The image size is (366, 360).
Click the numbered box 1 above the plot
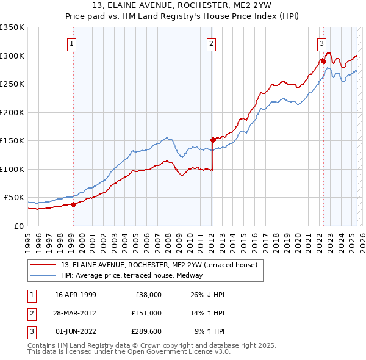[72, 43]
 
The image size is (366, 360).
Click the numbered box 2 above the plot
[210, 43]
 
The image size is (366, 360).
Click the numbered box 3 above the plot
[321, 43]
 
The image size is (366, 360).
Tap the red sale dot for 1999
[73, 204]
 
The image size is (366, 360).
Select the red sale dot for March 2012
[213, 140]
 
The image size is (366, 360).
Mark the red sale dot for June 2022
[323, 61]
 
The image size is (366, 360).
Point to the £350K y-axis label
[12, 27]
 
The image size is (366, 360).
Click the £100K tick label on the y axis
[12, 169]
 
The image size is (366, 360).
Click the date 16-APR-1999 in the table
[76, 295]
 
